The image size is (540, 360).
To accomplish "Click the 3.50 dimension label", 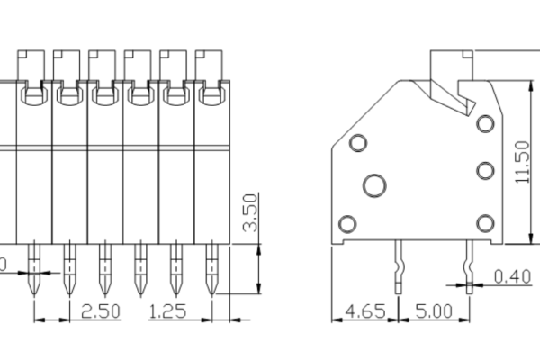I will [250, 212].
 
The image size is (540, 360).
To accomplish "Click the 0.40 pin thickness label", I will [512, 276].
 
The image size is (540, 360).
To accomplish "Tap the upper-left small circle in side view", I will [358, 142].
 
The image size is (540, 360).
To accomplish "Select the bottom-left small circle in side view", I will [346, 223].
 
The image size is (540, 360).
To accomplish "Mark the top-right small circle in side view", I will [486, 124].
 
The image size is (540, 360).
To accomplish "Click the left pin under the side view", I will [398, 261].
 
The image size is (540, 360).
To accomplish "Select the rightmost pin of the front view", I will [211, 270].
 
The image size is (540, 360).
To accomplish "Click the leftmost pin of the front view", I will [34, 270].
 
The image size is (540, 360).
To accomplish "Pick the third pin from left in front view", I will [104, 270].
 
